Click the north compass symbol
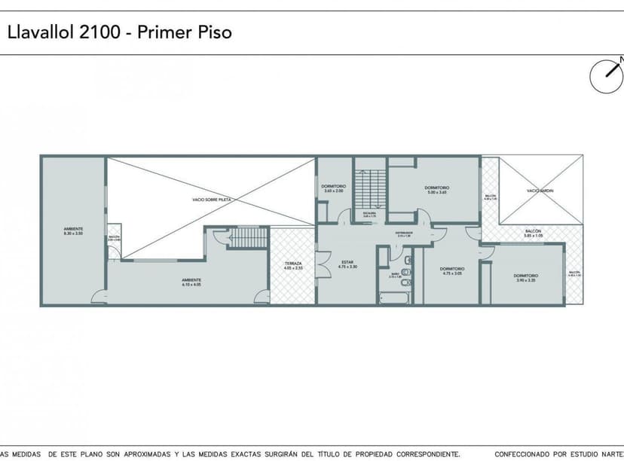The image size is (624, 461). pyautogui.click(x=606, y=77)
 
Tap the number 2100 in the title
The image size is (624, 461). pyautogui.click(x=106, y=32)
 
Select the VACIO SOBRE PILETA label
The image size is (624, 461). pyautogui.click(x=211, y=200)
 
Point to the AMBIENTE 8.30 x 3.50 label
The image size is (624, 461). pyautogui.click(x=73, y=231)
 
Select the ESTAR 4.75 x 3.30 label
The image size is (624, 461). pyautogui.click(x=347, y=264)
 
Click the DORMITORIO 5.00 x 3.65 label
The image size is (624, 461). pyautogui.click(x=437, y=190)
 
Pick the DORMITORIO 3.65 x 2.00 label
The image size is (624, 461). pyautogui.click(x=333, y=188)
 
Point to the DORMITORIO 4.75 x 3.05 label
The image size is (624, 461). pyautogui.click(x=451, y=270)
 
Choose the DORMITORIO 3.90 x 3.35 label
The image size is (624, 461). pyautogui.click(x=526, y=278)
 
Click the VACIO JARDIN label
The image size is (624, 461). pyautogui.click(x=540, y=191)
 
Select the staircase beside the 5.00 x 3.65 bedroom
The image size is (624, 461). pyautogui.click(x=369, y=185)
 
